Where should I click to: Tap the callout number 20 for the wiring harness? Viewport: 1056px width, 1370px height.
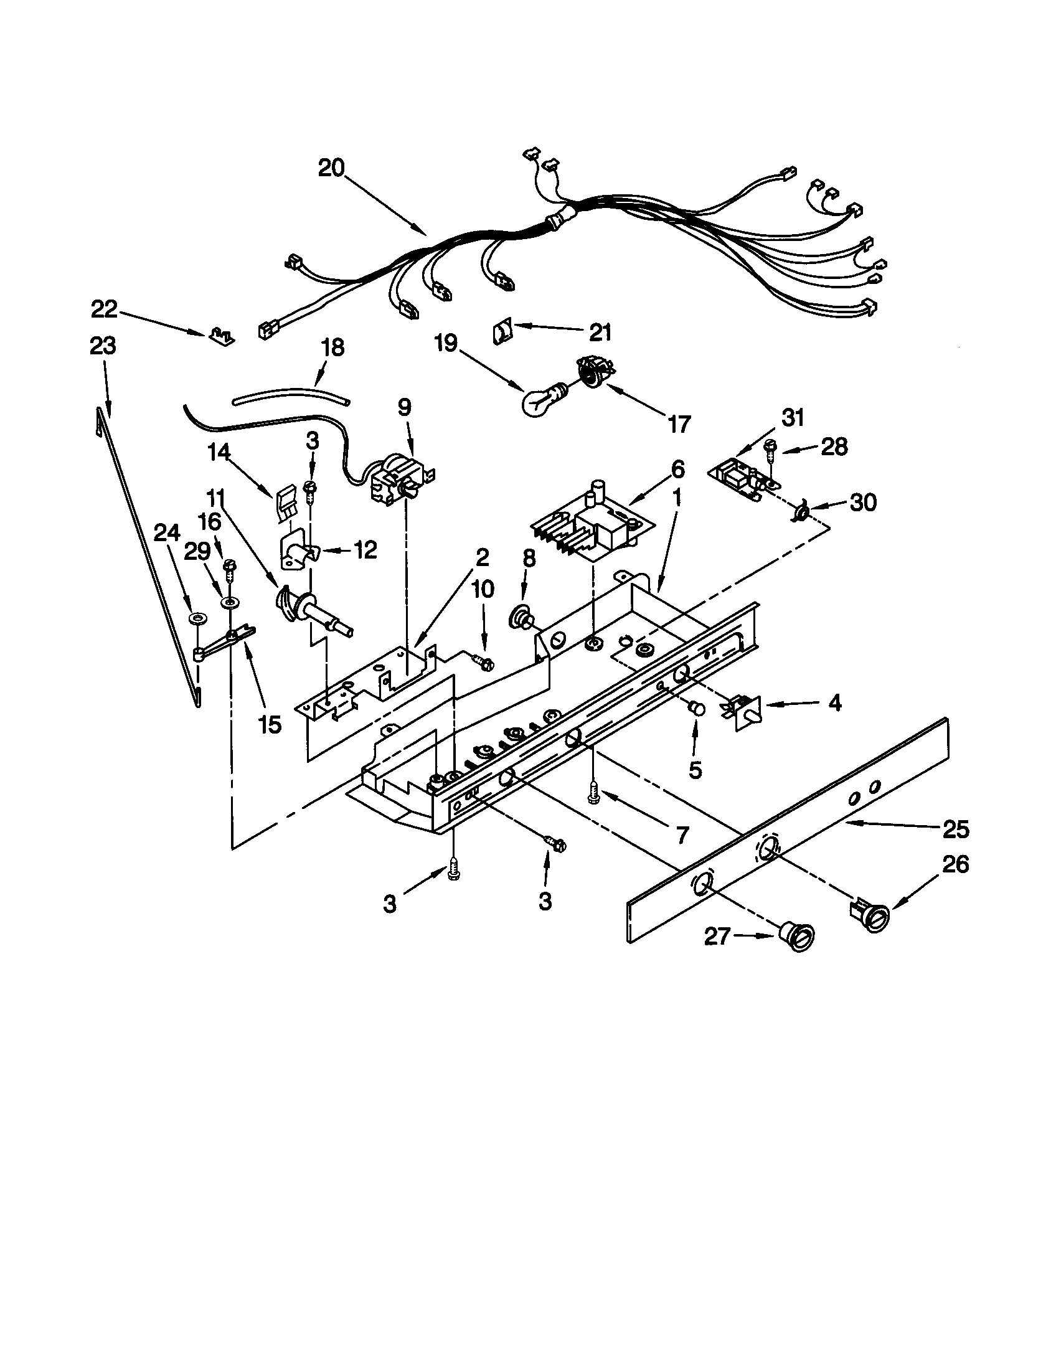[x=331, y=168]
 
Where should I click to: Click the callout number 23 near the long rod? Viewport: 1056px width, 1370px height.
[x=103, y=346]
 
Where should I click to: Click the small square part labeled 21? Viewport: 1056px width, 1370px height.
[x=502, y=330]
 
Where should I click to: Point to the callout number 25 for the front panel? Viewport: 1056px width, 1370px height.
[x=956, y=829]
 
